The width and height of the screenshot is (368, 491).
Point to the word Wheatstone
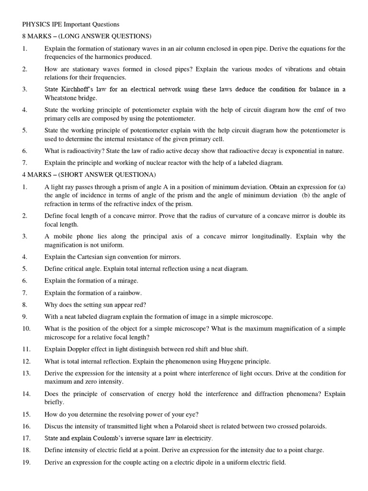click(x=61, y=98)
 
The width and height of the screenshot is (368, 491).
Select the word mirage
click(x=126, y=281)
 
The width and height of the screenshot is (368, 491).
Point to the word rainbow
click(x=129, y=292)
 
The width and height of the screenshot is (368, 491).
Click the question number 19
click(x=26, y=462)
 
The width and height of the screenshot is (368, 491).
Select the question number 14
click(x=26, y=394)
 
